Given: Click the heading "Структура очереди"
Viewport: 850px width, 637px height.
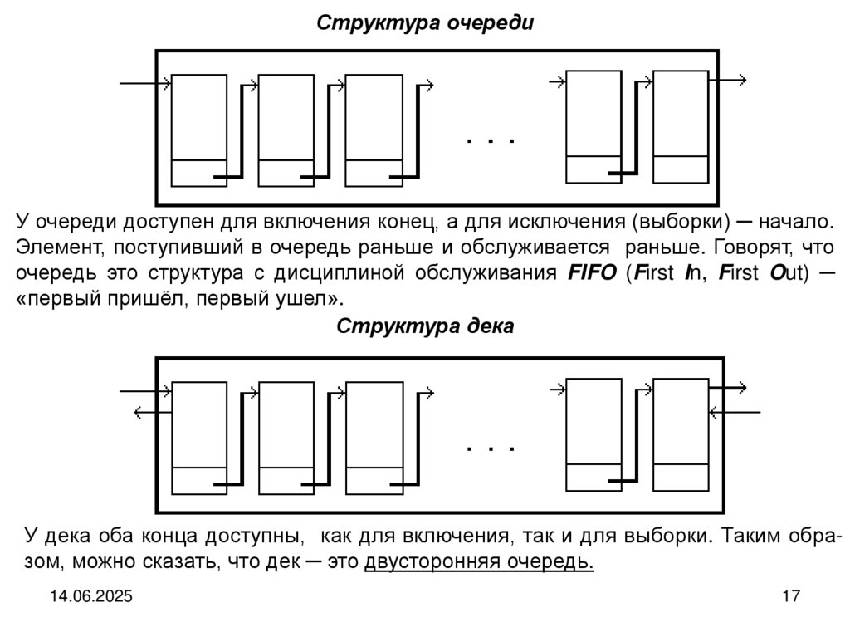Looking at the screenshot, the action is (x=424, y=22).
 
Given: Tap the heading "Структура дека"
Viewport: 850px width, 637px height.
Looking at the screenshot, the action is (x=424, y=326).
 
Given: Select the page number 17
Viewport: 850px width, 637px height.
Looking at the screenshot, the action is (x=789, y=596).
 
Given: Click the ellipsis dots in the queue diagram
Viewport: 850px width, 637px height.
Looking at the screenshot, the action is (x=491, y=141).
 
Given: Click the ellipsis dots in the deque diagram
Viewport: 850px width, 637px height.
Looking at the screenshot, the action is (x=491, y=448).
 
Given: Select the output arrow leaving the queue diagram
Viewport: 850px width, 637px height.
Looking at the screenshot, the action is (x=728, y=80).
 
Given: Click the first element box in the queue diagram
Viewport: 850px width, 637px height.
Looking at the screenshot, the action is (x=199, y=130).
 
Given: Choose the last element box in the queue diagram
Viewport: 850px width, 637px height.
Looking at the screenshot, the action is (x=681, y=126).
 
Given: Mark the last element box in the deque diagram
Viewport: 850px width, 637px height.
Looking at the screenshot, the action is (x=681, y=434).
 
